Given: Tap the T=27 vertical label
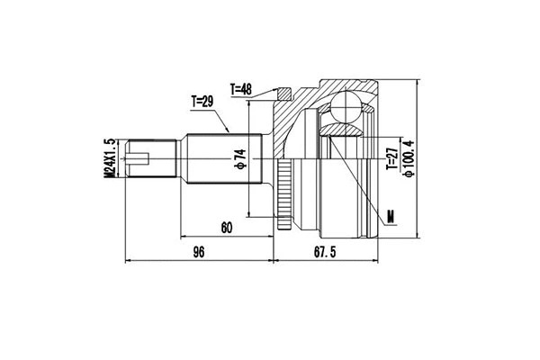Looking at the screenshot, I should [x=391, y=161].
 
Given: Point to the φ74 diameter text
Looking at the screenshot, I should [x=240, y=160].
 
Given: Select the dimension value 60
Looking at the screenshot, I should [x=226, y=229].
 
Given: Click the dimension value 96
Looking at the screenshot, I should [x=199, y=253].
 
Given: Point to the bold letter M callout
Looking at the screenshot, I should [x=390, y=216].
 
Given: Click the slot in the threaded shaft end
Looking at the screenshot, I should [x=138, y=162].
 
